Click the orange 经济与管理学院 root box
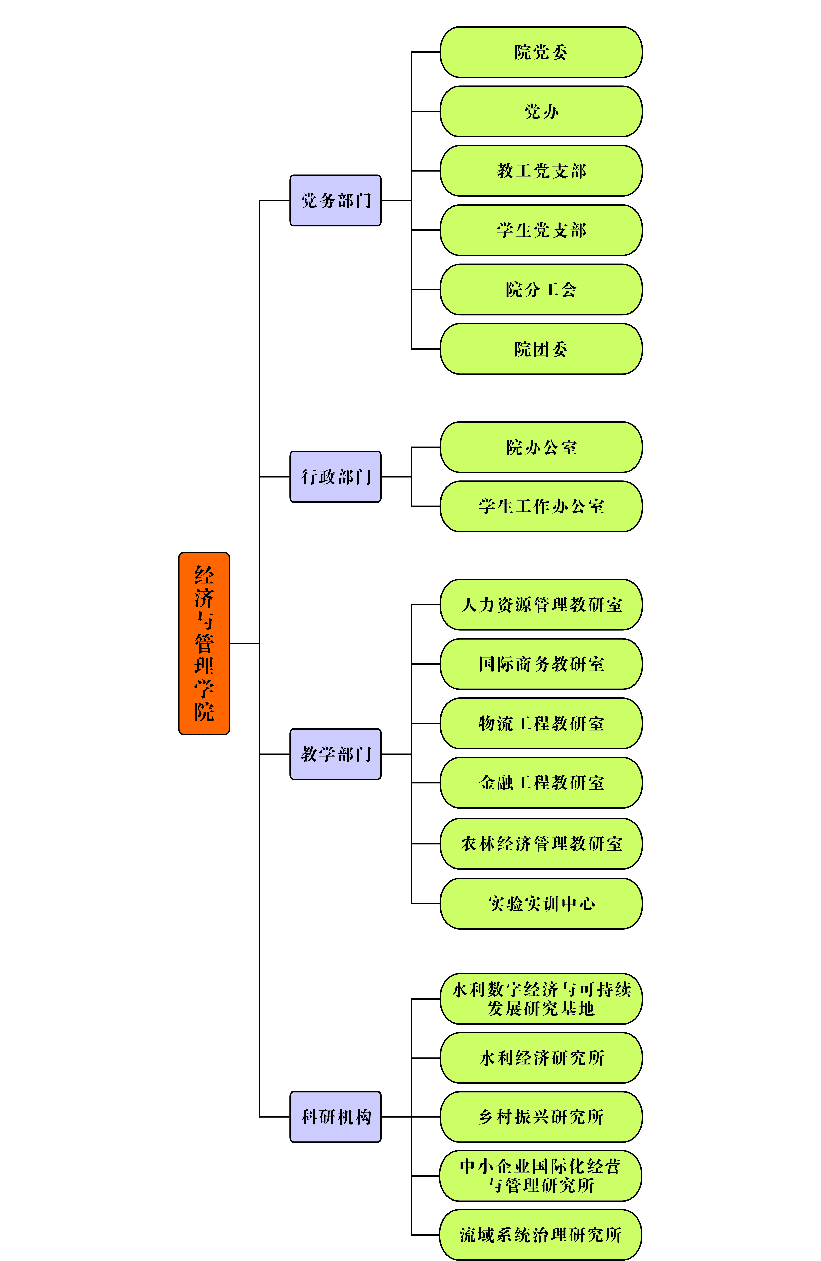[x=204, y=643]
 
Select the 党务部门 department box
[x=336, y=200]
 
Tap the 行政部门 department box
[x=336, y=477]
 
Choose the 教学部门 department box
[x=336, y=754]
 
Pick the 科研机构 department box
[x=336, y=1117]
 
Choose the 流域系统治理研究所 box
[x=541, y=1235]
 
